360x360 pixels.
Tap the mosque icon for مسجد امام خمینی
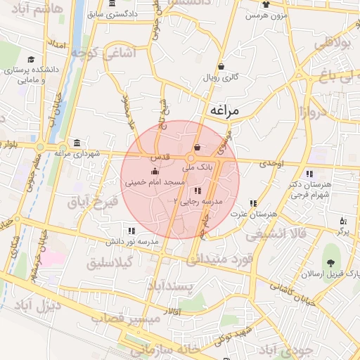(x=155, y=172)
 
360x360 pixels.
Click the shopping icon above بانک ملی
(x=197, y=148)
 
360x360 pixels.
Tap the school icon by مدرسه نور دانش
(x=131, y=231)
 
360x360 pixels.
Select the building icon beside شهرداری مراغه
(x=76, y=143)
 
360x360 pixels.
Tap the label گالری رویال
(x=221, y=77)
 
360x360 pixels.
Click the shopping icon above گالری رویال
(x=221, y=67)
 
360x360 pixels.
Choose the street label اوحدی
(x=271, y=163)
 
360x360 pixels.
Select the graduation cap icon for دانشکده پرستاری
(x=30, y=60)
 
